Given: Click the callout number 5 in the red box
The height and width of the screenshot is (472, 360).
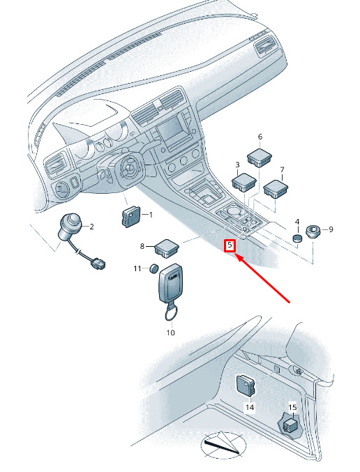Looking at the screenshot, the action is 230,245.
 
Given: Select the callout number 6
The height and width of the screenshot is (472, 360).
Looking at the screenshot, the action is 260,137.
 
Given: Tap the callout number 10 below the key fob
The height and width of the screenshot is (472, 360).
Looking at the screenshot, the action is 170,333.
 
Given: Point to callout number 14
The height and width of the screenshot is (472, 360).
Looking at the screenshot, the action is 250,407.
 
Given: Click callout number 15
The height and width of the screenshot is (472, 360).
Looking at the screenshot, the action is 292,407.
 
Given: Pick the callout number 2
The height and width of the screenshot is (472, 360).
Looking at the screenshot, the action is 91,227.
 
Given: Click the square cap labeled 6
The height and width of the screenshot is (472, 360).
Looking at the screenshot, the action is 260,157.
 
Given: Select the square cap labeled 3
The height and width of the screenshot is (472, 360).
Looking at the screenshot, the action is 244,182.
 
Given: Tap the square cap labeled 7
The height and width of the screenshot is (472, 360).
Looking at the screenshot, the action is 276,189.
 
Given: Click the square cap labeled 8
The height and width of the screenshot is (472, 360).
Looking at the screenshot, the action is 167,248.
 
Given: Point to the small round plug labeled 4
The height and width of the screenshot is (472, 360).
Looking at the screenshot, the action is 297,238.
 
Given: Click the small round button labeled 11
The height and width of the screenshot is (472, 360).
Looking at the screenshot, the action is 154,268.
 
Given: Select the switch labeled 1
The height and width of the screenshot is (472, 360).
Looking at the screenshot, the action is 131,216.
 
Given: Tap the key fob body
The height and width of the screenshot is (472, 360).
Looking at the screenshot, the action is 170,284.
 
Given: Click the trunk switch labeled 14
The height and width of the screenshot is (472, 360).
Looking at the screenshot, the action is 246,385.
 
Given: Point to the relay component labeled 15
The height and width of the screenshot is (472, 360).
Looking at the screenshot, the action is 290,425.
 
